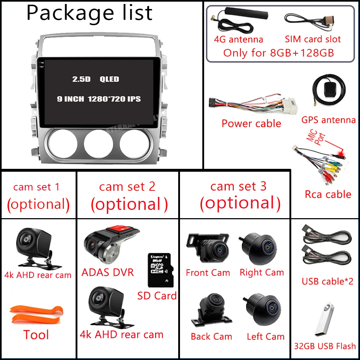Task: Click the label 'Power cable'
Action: [x=251, y=123]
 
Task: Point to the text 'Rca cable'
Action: [x=328, y=194]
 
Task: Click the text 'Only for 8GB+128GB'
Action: [x=279, y=53]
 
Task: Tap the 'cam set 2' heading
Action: [x=127, y=186]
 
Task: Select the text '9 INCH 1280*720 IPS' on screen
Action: [x=99, y=99]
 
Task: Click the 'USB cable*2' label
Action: [x=328, y=281]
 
